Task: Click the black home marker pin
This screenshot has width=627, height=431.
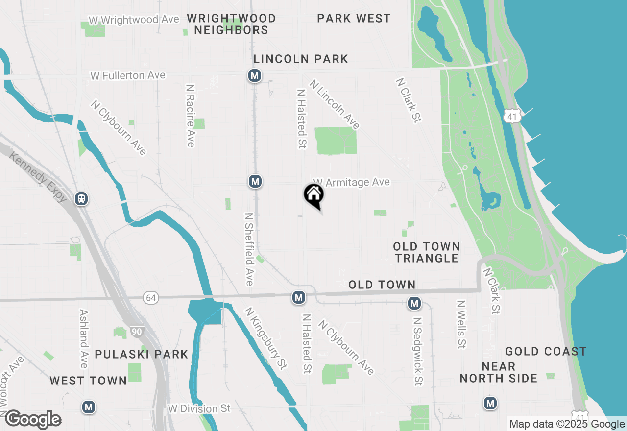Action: [x=314, y=194]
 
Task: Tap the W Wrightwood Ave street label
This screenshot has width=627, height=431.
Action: [x=127, y=20]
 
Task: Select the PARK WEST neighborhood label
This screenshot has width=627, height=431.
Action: [x=354, y=19]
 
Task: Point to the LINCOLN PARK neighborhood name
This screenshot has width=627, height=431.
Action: [x=301, y=59]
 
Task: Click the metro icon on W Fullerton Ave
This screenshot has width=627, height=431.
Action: [x=254, y=75]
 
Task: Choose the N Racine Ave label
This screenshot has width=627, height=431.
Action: [x=191, y=115]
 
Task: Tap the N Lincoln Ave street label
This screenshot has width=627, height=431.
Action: [x=335, y=105]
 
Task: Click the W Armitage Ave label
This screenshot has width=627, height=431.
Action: [x=351, y=182]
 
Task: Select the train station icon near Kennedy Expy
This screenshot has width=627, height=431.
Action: [x=81, y=199]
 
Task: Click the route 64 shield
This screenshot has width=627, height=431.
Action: [x=151, y=297]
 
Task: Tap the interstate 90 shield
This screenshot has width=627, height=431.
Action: [x=137, y=332]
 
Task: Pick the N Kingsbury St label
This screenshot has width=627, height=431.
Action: [x=265, y=338]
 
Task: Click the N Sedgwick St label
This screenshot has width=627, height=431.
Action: [x=417, y=351]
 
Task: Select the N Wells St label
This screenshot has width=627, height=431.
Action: [x=461, y=324]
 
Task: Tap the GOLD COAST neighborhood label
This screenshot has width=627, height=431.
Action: [x=546, y=351]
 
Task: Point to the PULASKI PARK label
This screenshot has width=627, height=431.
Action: [x=141, y=354]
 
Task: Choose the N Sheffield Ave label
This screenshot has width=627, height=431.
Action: [x=249, y=249]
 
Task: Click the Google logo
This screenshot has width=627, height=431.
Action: [x=33, y=420]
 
